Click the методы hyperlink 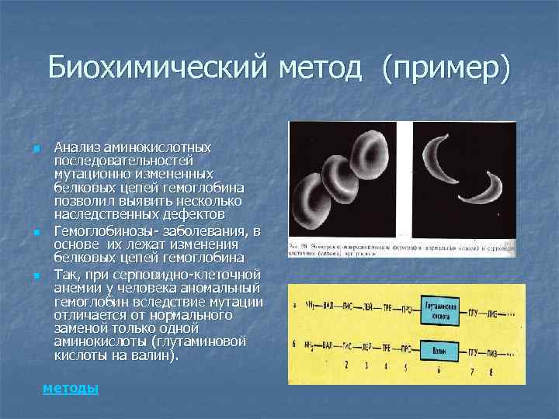click(x=71, y=388)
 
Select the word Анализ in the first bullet click(x=76, y=147)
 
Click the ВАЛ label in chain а click(x=330, y=305)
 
